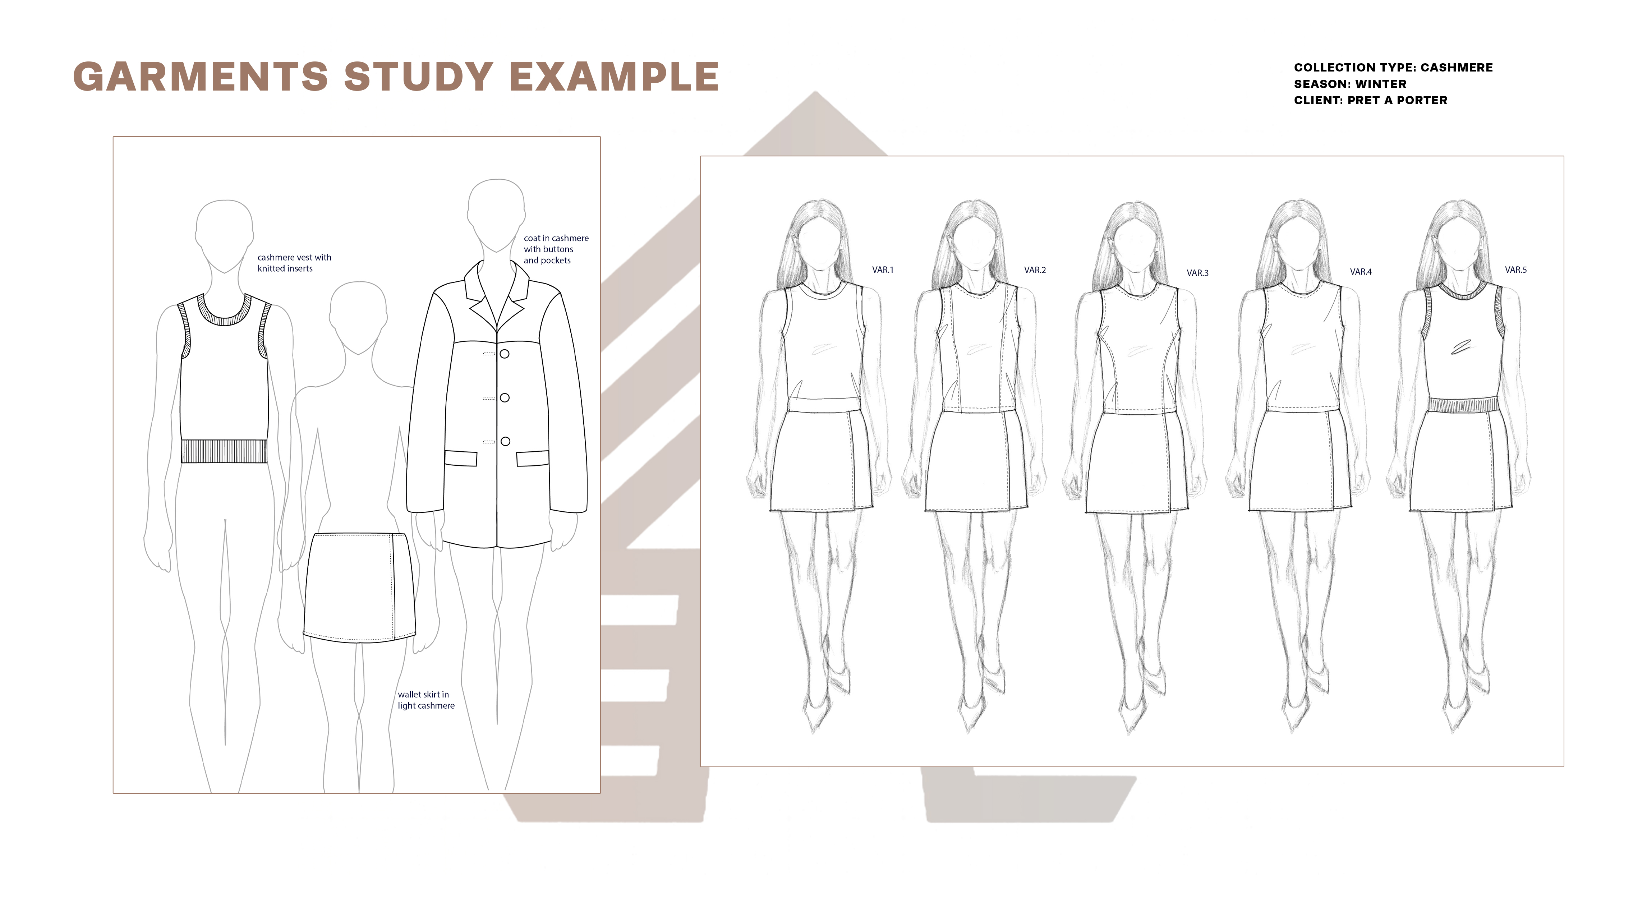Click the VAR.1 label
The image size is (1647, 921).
[x=882, y=270]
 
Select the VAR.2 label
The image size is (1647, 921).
[x=1035, y=270]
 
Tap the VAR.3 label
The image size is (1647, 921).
[x=1197, y=273]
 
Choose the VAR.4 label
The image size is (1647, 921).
[x=1361, y=272]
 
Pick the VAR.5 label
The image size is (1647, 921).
[x=1515, y=270]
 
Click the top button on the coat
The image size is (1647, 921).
[x=505, y=354]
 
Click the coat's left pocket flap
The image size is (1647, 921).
[x=460, y=458]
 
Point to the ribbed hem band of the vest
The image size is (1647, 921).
[x=224, y=451]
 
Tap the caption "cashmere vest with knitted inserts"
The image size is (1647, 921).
[x=294, y=263]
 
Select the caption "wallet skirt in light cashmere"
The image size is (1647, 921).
[x=426, y=700]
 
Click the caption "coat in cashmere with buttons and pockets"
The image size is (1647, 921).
[x=556, y=249]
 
